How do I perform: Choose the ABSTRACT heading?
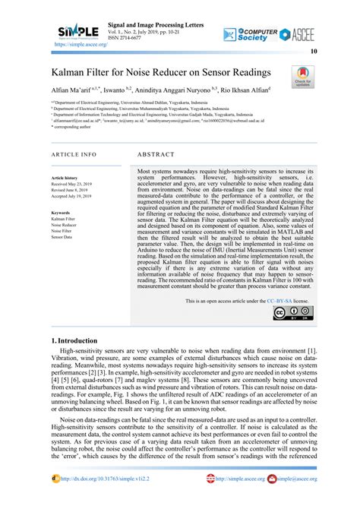[x=163, y=153]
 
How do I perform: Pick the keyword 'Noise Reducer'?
[x=67, y=226]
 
